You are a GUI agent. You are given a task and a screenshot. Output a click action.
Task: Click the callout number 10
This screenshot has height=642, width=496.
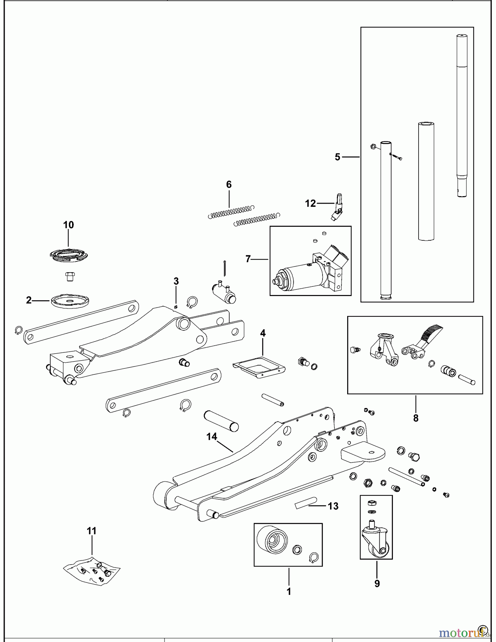click(x=69, y=225)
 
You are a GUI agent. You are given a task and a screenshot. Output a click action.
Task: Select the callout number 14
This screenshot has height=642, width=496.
click(x=212, y=437)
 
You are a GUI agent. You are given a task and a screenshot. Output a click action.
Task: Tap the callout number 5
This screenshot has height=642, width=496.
click(x=338, y=157)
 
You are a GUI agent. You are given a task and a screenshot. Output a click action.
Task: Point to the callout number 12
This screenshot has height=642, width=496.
click(x=310, y=203)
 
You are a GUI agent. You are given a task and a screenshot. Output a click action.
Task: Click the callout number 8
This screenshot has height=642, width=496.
click(x=416, y=418)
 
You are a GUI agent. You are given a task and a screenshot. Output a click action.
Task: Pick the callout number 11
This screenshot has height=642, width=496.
click(x=92, y=531)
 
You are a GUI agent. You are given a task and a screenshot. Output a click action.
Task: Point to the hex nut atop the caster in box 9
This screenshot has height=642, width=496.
click(x=371, y=503)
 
